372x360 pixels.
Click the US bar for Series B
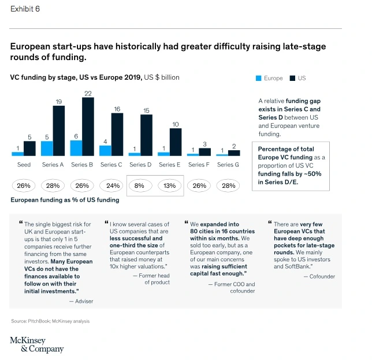coord(88,127)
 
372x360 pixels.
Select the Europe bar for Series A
coord(47,149)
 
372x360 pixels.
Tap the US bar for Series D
coord(147,135)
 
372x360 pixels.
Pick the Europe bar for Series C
coord(105,150)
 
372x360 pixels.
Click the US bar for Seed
coord(29,149)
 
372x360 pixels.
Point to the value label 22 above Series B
coord(88,93)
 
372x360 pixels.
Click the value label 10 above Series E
coord(176,124)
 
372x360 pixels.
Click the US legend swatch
coord(293,78)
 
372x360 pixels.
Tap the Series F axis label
coord(199,165)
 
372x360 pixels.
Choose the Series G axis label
coord(228,165)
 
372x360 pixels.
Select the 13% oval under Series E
coord(170,186)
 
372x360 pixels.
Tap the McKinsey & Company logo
coord(36,344)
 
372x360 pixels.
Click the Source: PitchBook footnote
coord(50,321)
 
